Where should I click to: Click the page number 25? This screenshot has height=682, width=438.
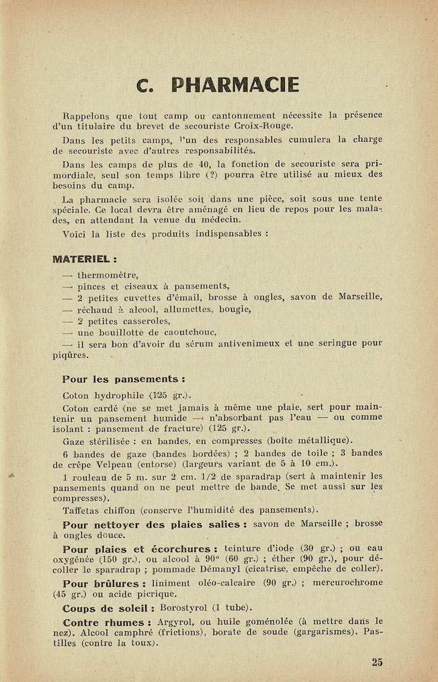377,662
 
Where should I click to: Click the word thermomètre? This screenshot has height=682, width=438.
107,275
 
